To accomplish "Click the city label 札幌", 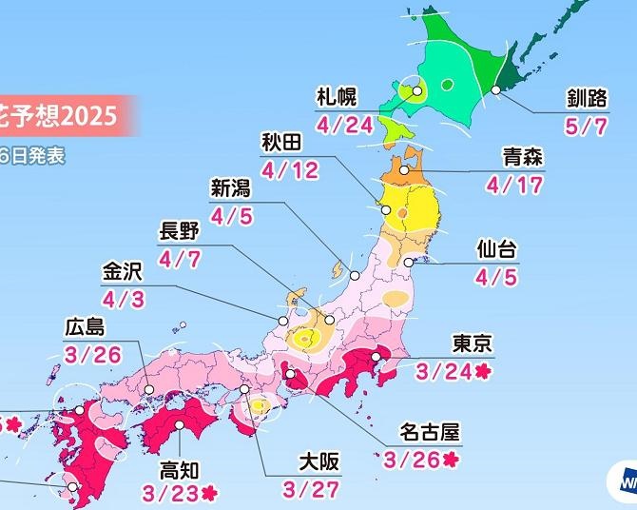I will click(x=337, y=95).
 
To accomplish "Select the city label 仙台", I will click(x=495, y=251).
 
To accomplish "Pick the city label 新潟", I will click(x=231, y=187).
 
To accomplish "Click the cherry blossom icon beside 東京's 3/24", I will click(x=483, y=371).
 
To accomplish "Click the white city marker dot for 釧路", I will click(x=496, y=90).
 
